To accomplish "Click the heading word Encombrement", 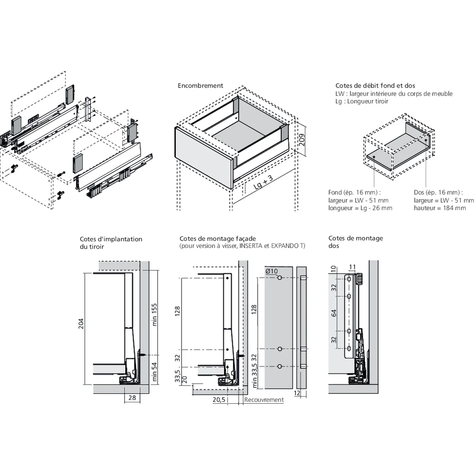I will (200, 86).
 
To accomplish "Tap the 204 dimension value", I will (81, 324).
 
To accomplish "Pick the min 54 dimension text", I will (153, 371).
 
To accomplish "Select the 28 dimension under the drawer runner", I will (132, 398).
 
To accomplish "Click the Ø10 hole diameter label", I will (272, 271).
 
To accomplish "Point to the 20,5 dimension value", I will (219, 400).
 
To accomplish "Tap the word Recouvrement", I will (264, 400).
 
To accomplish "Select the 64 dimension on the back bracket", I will (334, 313).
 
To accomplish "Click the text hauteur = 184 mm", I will (439, 208).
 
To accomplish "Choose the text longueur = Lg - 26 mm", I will (360, 208).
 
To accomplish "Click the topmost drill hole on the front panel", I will (280, 277).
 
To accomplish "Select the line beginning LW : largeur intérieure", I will (394, 94).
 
